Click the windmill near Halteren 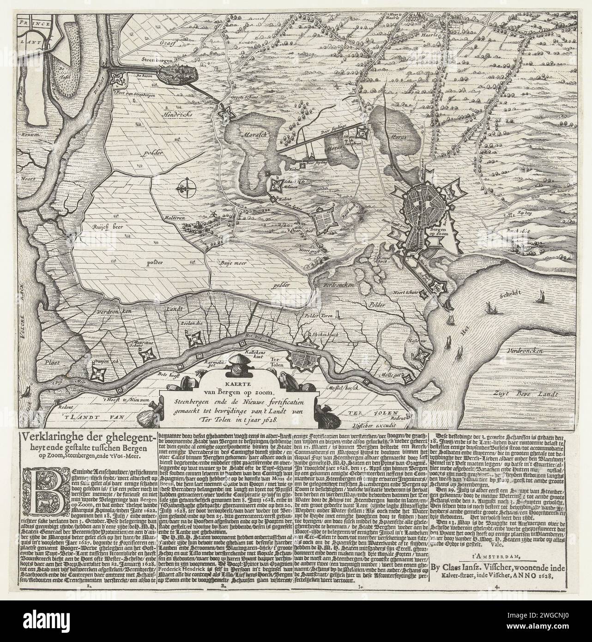(213, 215)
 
